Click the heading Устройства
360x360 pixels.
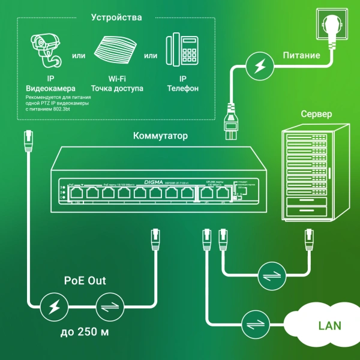click(x=116, y=17)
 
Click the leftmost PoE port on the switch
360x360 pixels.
click(x=77, y=194)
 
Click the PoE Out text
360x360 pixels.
click(x=87, y=281)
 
